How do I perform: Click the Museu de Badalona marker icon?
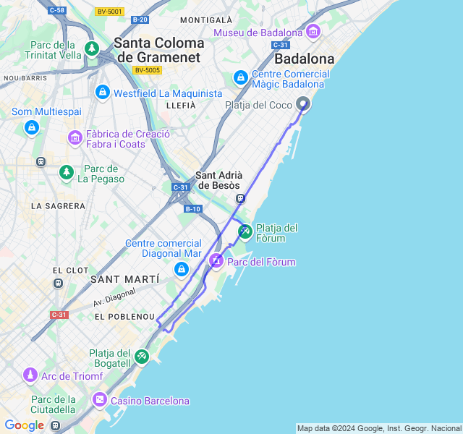pos(313,32)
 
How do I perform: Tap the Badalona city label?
pos(305,59)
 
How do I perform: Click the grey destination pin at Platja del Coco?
pos(303,104)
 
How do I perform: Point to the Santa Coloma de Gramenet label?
pos(159,50)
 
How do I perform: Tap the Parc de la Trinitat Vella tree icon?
pos(92,48)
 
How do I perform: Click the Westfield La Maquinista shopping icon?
pos(103,93)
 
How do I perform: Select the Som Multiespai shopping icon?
pos(31,127)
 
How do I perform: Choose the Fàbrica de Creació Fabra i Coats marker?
pos(75,137)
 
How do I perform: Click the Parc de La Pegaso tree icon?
pos(67,172)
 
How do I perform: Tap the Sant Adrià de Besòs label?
pos(220,180)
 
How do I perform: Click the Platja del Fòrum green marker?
pos(245,231)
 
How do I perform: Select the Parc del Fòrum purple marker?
pos(216,260)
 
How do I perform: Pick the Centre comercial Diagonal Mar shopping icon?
pos(182,270)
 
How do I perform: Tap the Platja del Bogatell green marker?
pos(142,356)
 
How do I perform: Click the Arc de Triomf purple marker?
pos(30,375)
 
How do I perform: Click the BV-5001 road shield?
pos(109,12)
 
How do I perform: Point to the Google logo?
pos(24,425)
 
